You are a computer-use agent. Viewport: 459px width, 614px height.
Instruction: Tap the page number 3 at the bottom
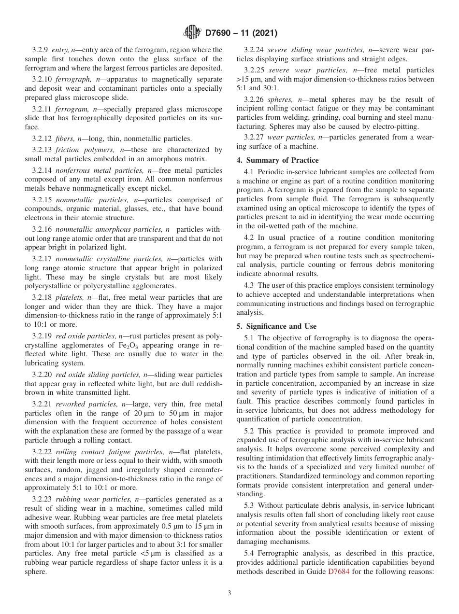tap(229, 593)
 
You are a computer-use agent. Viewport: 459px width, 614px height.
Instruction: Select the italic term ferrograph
tap(71, 79)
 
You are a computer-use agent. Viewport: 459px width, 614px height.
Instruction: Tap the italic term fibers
tap(67, 139)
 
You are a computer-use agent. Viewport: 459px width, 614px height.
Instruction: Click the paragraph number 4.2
tap(249, 237)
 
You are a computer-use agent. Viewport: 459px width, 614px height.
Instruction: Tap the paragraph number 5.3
tap(249, 505)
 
